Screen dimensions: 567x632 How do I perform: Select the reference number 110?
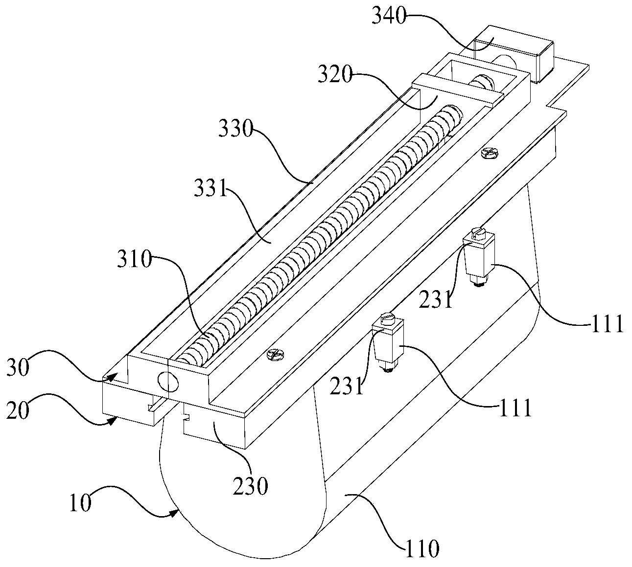422,549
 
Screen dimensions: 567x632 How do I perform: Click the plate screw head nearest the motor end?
489,153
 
